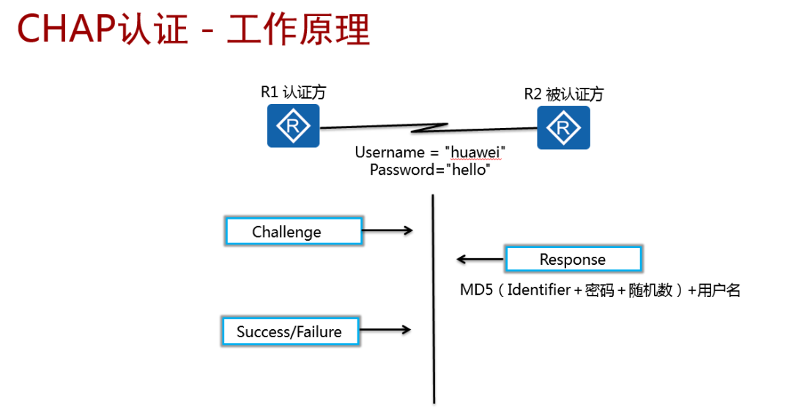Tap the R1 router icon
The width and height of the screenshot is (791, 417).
(293, 126)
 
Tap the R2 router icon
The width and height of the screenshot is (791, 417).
(563, 128)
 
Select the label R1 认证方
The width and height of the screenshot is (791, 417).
(293, 92)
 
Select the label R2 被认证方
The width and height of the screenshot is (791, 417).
(563, 94)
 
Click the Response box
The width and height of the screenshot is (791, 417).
(573, 260)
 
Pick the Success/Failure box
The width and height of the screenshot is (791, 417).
(290, 331)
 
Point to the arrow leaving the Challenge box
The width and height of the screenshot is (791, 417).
(388, 231)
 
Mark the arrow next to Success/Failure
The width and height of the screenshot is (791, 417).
(386, 331)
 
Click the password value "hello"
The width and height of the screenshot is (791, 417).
(463, 170)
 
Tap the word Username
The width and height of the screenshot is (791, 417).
(390, 152)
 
